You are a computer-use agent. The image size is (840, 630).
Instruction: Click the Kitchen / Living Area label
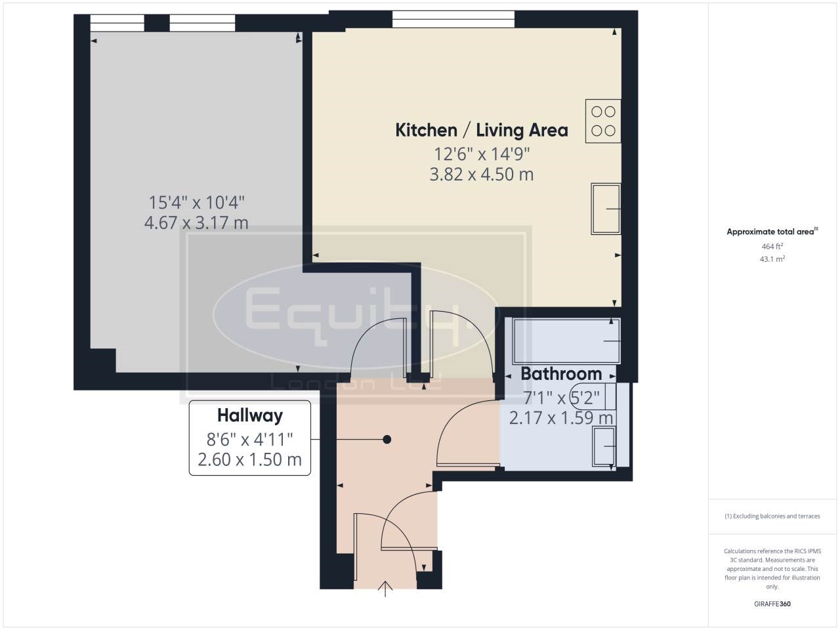[481, 130]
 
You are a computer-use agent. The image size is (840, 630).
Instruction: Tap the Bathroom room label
[561, 374]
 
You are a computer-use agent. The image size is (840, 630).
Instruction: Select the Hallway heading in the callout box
[250, 415]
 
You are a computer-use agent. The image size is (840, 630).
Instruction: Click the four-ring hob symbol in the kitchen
[603, 121]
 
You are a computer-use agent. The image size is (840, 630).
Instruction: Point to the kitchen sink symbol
[606, 209]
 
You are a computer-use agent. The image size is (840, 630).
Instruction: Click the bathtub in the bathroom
[566, 341]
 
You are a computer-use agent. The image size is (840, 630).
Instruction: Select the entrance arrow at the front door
[385, 589]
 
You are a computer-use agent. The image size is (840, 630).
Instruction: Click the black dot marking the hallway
[387, 440]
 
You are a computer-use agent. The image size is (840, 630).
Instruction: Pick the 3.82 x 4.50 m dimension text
[481, 175]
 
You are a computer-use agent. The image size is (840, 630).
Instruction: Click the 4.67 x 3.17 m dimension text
[196, 223]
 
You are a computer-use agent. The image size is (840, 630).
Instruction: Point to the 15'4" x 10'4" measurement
[196, 202]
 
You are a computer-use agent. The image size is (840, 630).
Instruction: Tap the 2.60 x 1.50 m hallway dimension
[250, 459]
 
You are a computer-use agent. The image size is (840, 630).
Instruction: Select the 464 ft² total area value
[772, 247]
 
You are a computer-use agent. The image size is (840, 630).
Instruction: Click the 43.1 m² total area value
[772, 259]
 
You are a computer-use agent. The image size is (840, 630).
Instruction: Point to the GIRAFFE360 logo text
[772, 604]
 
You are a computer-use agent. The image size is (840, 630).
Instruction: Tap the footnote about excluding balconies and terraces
[772, 516]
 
